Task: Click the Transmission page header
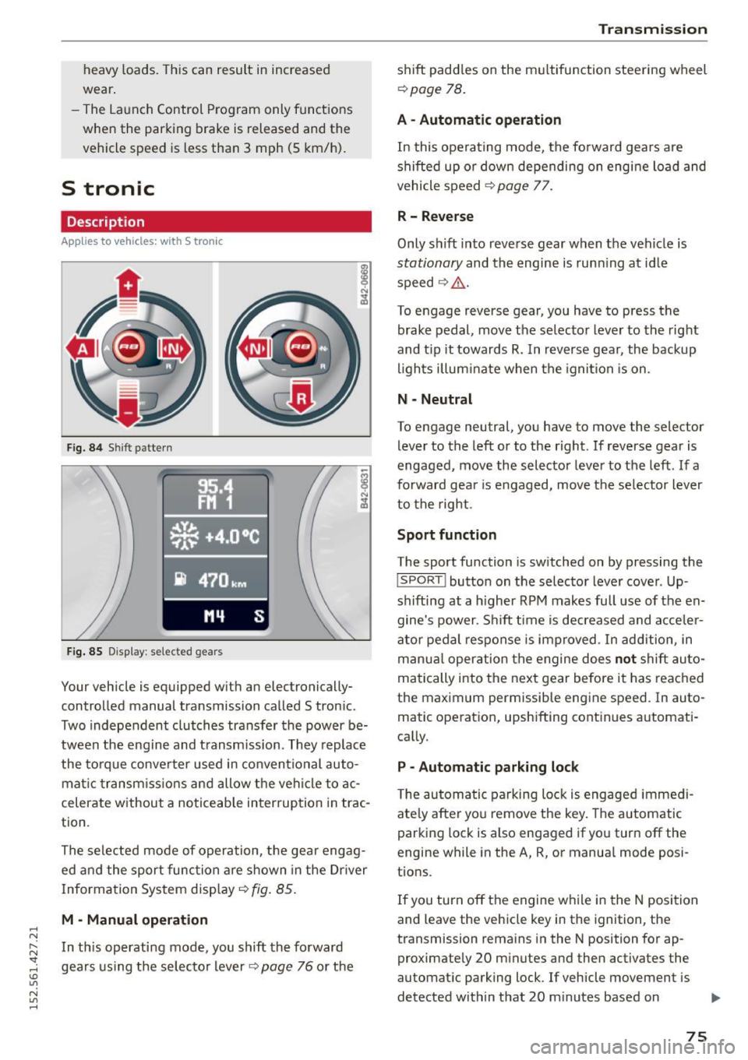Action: click(652, 29)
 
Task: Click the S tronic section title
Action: click(108, 188)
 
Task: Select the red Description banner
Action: click(216, 222)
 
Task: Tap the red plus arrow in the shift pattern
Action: click(129, 286)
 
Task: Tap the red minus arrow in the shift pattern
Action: click(129, 404)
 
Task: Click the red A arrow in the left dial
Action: click(82, 348)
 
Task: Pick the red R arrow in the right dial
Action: click(302, 398)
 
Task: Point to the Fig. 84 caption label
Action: click(84, 448)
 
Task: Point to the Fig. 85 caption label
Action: click(84, 652)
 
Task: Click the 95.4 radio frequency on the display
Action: click(215, 488)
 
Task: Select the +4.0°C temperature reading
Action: click(231, 536)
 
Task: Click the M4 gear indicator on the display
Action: click(214, 617)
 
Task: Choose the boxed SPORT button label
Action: click(422, 581)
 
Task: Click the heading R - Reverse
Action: click(435, 217)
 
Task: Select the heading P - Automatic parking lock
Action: click(488, 767)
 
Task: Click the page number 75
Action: click(697, 1035)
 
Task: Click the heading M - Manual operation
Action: click(134, 920)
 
